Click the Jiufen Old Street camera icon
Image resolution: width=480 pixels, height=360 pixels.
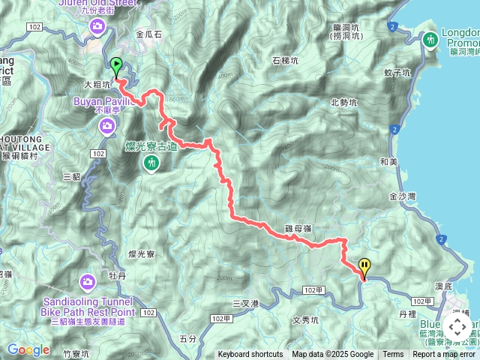98,28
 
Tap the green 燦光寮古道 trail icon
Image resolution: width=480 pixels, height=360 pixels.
152,162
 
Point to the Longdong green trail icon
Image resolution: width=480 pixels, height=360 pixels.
430,39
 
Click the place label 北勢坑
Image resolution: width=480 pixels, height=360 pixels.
343,103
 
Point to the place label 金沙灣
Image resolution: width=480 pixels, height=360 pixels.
403,196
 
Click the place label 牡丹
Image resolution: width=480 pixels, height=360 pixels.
117,275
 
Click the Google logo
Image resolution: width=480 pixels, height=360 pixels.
28,349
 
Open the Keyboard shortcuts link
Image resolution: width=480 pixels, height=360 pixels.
250,355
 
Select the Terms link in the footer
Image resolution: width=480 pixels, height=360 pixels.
393,355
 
